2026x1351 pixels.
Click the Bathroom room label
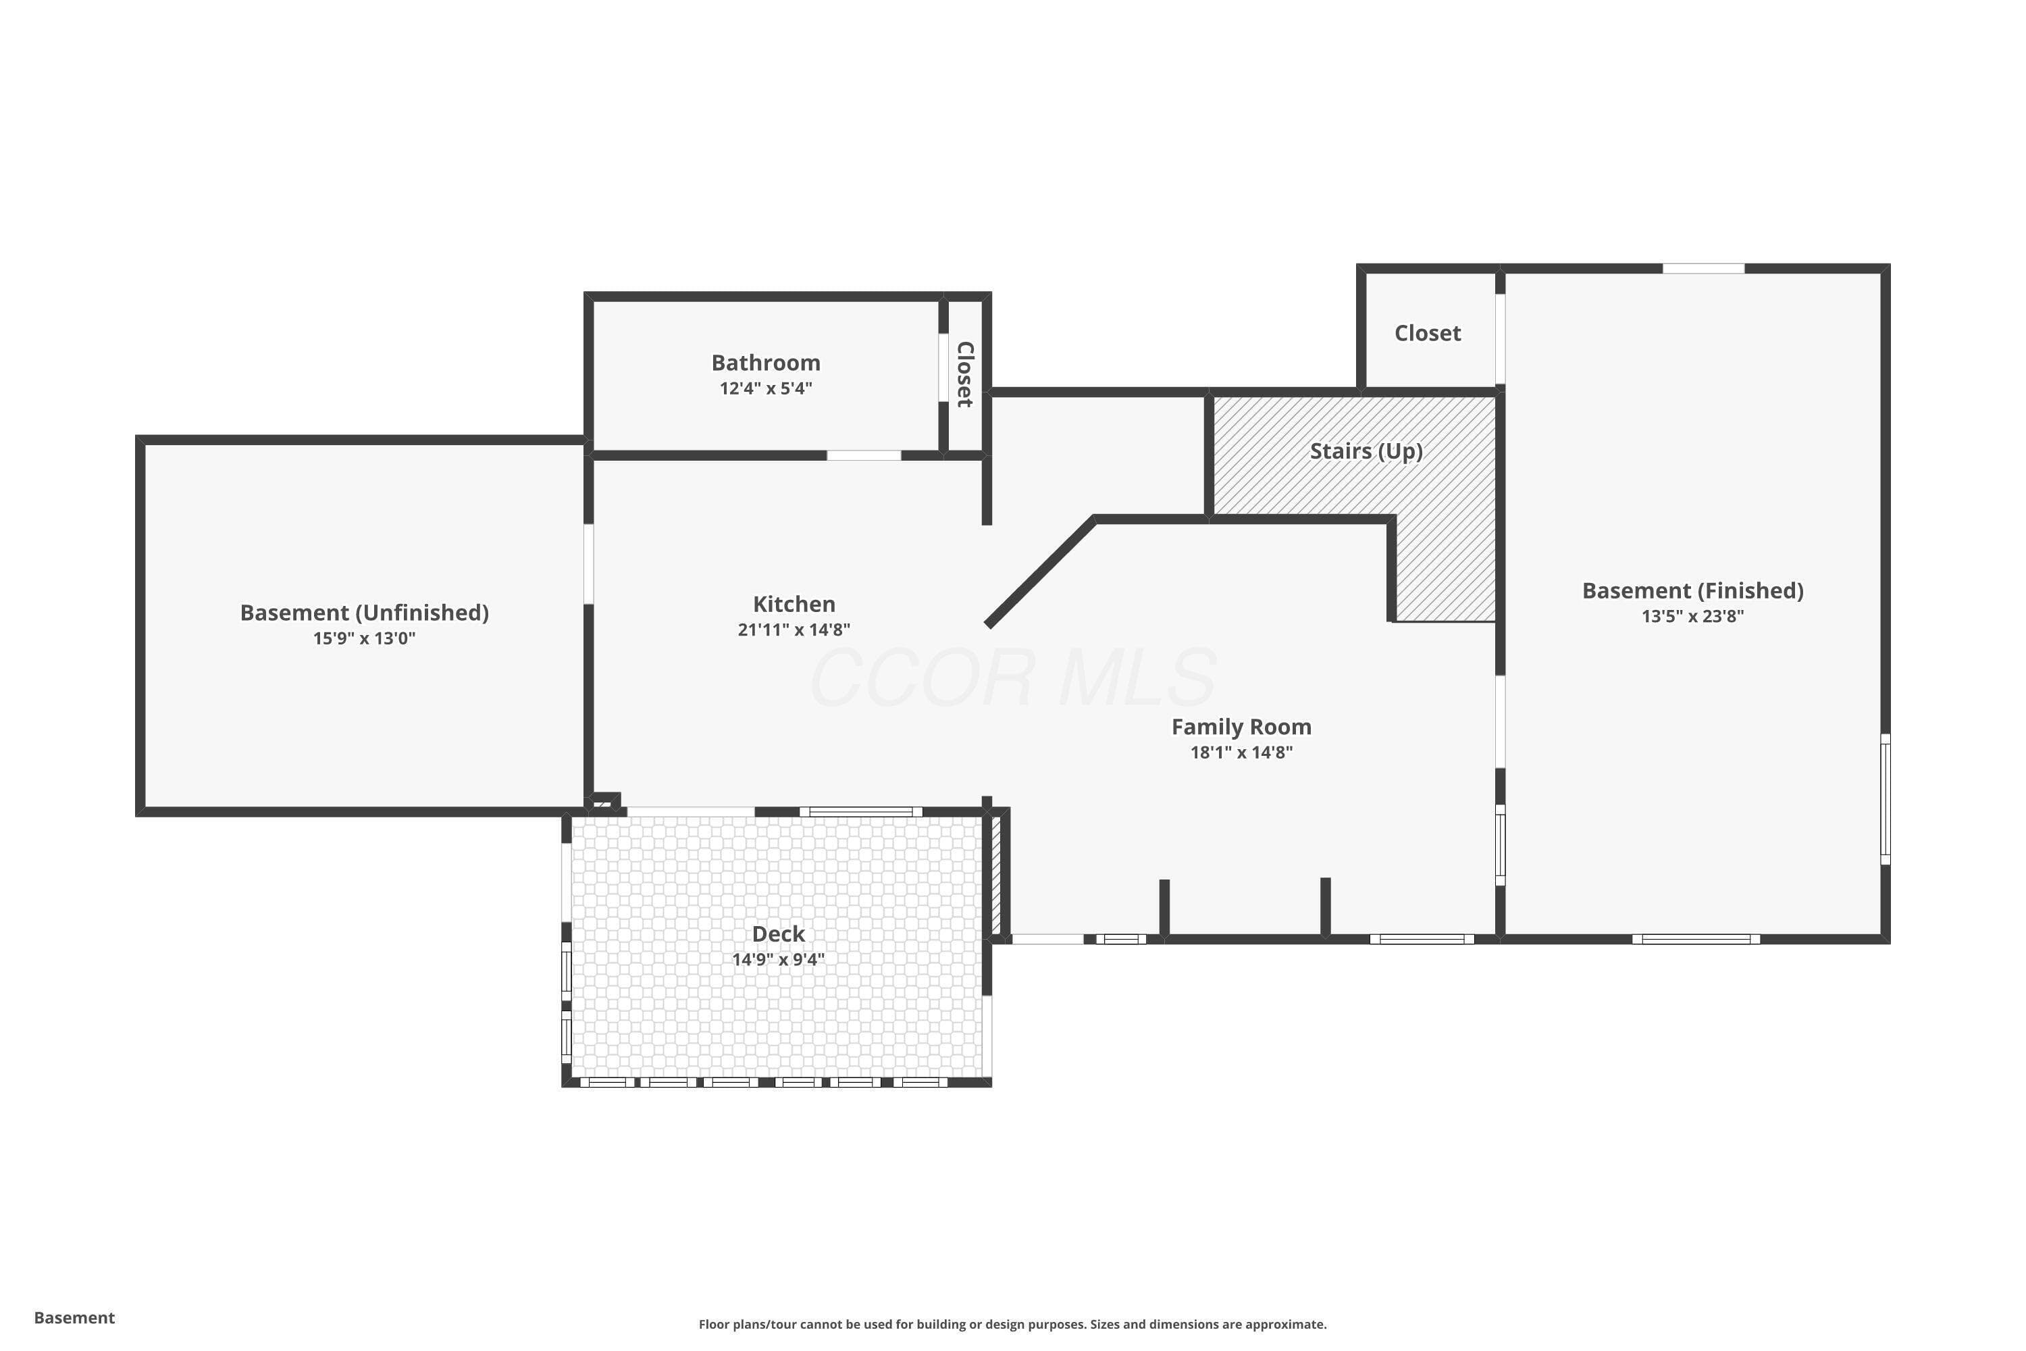766,363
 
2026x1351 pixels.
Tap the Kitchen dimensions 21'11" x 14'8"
794,630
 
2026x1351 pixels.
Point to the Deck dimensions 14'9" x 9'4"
779,960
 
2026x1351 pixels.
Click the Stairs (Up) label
1366,451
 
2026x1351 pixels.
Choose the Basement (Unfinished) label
365,613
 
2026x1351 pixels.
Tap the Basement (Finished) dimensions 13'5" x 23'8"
1692,617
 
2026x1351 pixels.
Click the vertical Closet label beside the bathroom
965,375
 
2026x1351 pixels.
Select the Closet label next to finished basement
1428,334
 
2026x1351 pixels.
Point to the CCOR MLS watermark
1013,678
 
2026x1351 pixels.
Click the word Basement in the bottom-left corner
74,1317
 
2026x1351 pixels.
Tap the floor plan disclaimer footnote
1012,1324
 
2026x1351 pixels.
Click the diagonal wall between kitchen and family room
1041,572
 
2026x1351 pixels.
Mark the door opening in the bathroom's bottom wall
864,455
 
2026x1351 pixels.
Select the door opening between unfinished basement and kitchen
588,564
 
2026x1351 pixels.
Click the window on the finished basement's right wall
1885,798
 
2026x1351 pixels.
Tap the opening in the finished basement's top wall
1703,269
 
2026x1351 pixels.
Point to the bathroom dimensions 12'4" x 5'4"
766,388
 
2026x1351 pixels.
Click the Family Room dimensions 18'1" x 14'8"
1241,753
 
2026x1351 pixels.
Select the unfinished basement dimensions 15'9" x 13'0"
365,639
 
